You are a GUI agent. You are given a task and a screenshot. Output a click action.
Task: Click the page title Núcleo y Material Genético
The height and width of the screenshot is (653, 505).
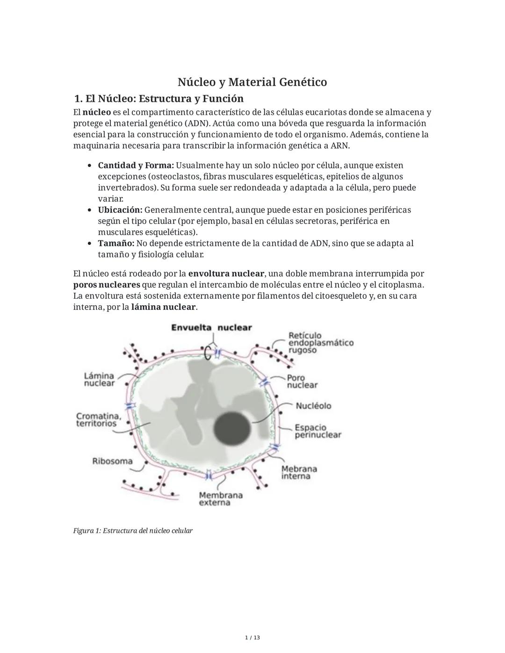coord(252,82)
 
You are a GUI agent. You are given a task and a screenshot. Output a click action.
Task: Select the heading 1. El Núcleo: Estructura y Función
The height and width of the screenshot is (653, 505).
coord(159,99)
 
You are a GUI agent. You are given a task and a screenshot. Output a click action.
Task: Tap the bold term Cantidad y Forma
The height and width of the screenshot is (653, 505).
coord(136,165)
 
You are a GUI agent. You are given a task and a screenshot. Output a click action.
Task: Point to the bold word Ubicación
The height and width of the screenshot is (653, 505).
coord(120,210)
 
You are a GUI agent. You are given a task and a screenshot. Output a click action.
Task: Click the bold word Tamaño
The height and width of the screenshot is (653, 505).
coord(116,244)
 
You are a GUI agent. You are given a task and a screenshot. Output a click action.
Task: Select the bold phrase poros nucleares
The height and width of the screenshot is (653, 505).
coord(107,285)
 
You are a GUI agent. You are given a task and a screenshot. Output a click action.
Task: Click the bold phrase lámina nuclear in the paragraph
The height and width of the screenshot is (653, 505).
coord(163,307)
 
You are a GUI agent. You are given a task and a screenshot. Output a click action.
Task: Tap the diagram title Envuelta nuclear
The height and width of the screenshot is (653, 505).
coord(211,328)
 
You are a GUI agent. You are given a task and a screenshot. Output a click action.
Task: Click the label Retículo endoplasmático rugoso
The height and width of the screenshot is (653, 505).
coord(320,343)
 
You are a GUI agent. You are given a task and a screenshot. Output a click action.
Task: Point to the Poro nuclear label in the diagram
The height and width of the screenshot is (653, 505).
coord(302,381)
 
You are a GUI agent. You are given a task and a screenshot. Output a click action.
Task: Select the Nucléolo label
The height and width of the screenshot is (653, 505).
coord(313,406)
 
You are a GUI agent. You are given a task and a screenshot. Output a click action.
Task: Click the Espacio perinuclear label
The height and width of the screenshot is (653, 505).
coord(317,431)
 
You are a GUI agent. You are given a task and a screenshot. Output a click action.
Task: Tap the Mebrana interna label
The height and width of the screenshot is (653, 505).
coord(299,472)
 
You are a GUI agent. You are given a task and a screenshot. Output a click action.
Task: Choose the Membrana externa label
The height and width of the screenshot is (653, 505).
coord(220,499)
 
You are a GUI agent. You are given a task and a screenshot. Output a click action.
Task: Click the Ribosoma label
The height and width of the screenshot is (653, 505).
coord(112,461)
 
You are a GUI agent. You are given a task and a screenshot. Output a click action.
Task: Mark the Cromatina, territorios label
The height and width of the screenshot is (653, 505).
coord(99,419)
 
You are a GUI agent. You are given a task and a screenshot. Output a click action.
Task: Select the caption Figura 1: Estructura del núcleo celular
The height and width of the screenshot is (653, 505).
coord(133,531)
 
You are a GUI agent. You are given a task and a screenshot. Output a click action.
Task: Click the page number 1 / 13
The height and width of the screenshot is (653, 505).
coord(252,638)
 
